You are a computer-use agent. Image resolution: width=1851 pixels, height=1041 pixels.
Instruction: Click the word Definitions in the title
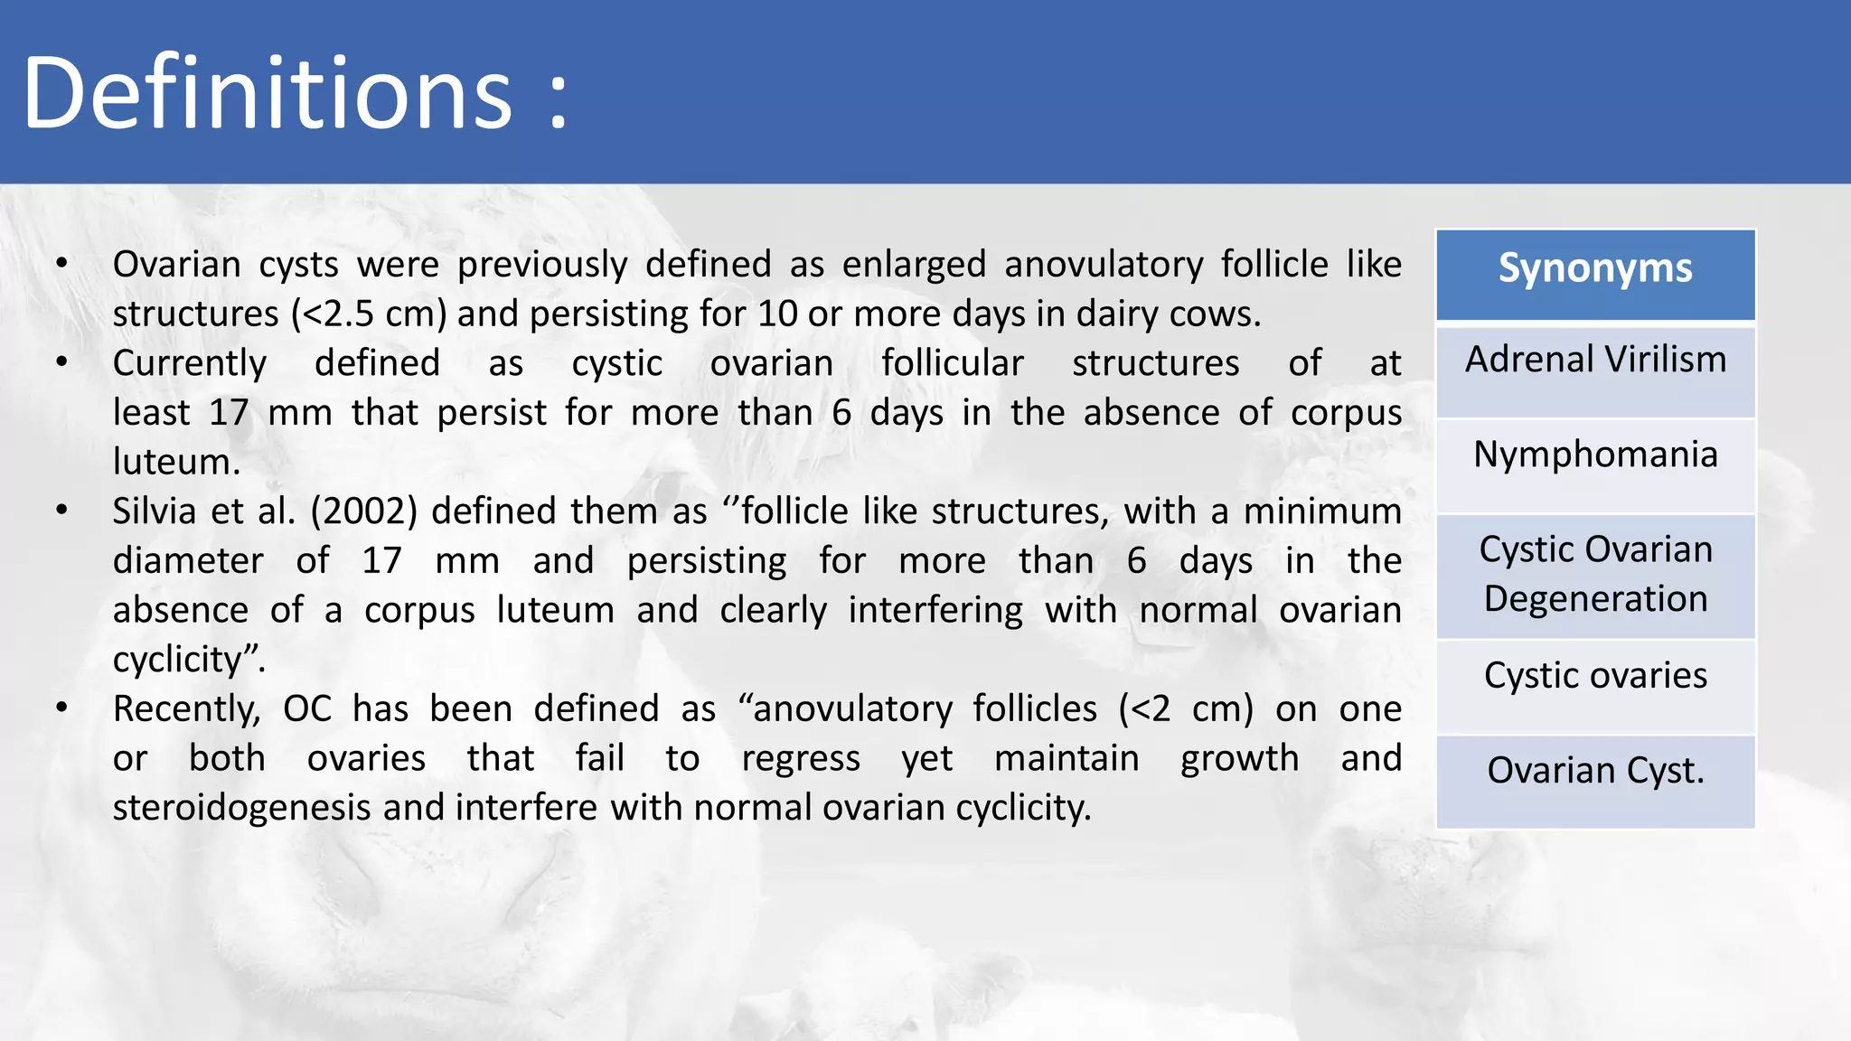268,93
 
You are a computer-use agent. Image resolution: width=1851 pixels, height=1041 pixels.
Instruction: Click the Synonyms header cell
1595,269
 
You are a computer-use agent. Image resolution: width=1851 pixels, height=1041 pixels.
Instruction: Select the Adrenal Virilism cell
1595,361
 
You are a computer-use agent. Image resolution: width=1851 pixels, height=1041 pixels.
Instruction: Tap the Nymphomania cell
1595,455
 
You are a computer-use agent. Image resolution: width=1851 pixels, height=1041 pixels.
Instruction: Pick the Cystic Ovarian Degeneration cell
1595,575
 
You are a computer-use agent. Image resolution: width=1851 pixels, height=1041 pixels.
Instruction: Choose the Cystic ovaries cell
1595,676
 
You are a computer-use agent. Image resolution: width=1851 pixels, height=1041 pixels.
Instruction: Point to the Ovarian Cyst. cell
1595,771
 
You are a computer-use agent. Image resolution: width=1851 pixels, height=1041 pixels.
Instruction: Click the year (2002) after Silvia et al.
363,512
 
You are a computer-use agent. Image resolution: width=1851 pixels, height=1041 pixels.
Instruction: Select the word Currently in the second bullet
190,364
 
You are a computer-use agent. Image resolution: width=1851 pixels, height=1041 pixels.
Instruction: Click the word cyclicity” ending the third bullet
189,661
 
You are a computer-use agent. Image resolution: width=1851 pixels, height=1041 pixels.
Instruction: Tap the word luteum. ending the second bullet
176,463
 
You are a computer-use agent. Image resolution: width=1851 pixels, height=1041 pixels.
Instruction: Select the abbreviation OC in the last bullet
307,709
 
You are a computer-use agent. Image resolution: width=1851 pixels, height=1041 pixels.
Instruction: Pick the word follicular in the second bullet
952,364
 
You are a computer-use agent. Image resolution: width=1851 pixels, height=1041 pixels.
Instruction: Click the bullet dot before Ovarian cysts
61,264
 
